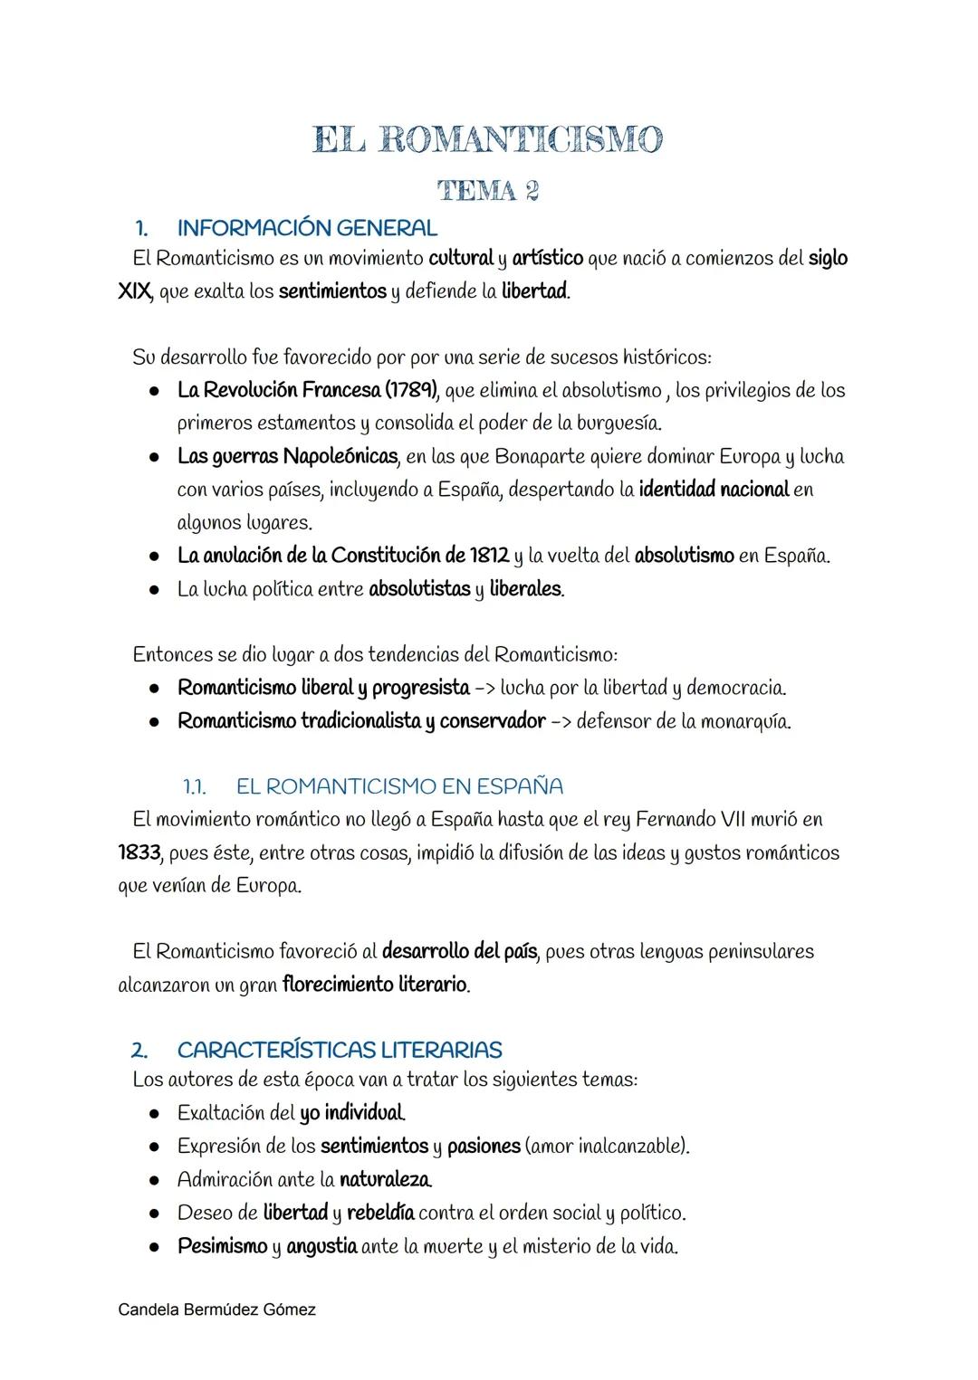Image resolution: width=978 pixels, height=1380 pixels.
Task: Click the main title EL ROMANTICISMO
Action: tap(488, 140)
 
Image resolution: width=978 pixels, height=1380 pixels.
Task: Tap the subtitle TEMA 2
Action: tap(488, 191)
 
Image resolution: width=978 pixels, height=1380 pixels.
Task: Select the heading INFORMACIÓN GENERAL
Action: tap(307, 228)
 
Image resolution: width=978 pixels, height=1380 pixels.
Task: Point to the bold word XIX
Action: tap(133, 292)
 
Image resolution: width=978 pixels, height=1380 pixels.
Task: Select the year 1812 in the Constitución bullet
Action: tap(489, 555)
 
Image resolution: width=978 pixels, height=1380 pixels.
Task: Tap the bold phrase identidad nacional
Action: tap(714, 490)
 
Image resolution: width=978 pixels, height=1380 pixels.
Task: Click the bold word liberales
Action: tap(526, 589)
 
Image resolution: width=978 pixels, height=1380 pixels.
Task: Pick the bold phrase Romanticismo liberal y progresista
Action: tap(323, 688)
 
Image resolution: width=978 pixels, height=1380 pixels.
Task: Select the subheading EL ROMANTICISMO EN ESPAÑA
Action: tap(399, 785)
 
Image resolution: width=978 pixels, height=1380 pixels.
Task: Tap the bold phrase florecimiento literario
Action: tap(375, 985)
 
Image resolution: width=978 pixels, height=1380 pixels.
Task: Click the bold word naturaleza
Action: tap(385, 1179)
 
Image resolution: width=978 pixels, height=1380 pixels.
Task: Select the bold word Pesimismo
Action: tap(222, 1246)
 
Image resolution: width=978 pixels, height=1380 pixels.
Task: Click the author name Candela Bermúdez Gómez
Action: tap(217, 1309)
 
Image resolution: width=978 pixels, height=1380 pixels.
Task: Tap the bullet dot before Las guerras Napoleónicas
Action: tap(155, 457)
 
